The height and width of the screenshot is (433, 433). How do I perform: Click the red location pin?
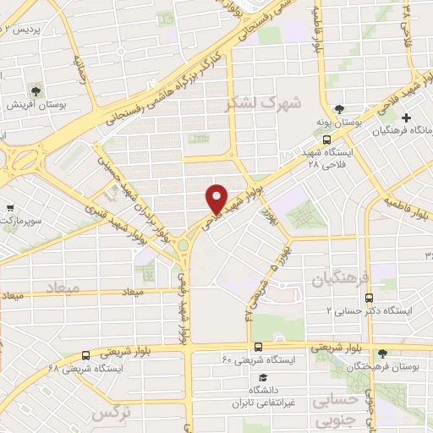click(x=217, y=197)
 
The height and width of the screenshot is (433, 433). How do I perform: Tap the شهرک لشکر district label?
click(x=251, y=104)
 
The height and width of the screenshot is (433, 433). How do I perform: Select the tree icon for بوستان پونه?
click(x=339, y=109)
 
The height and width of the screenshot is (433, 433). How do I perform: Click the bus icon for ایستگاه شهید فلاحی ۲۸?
click(x=327, y=141)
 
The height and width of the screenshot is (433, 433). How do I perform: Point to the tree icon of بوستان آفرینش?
click(x=36, y=90)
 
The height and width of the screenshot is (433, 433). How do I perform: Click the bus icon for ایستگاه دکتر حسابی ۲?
click(x=368, y=298)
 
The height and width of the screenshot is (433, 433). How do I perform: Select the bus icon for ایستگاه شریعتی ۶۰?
click(x=257, y=347)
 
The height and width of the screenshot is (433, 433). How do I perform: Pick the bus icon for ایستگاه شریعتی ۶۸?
click(x=85, y=355)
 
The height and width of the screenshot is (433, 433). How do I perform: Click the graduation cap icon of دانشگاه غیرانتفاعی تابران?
click(x=262, y=376)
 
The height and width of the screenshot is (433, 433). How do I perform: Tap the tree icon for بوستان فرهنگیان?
click(x=385, y=354)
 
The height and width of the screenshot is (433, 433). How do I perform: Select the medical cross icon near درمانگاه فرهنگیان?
click(x=407, y=118)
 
